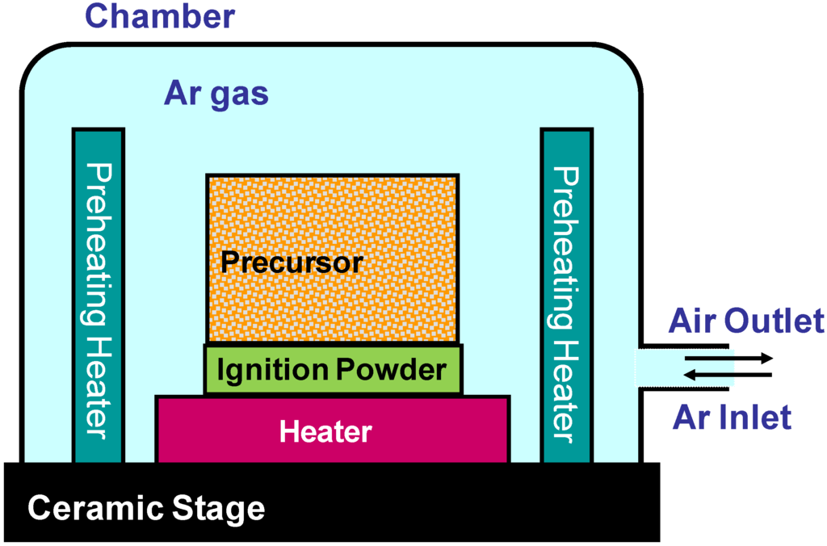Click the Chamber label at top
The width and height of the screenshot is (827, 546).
click(160, 16)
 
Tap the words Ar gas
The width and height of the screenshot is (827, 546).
click(216, 94)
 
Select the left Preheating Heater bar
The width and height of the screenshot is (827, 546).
click(99, 296)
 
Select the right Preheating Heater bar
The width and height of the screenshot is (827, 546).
click(565, 296)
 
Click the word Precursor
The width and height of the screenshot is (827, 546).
click(292, 262)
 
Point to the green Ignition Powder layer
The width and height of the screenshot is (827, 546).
click(334, 370)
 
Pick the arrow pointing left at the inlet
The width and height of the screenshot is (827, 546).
click(727, 374)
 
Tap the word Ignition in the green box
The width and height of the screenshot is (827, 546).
click(272, 370)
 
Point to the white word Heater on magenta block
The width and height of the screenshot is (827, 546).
click(325, 431)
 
